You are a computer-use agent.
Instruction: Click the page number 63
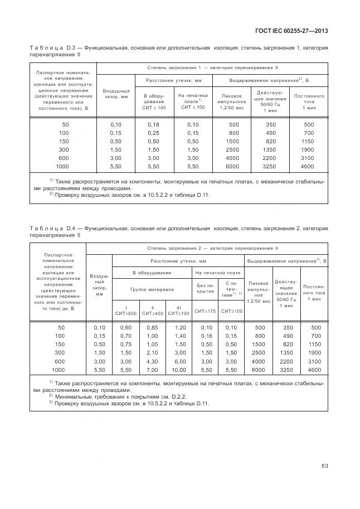pyautogui.click(x=324, y=466)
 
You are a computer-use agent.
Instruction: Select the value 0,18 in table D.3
pyautogui.click(x=154, y=124)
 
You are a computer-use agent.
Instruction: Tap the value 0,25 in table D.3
pyautogui.click(x=154, y=133)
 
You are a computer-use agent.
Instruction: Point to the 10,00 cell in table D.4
pyautogui.click(x=178, y=370)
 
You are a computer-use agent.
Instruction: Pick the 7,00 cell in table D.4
pyautogui.click(x=150, y=370)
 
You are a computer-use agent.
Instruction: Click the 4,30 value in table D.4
pyautogui.click(x=150, y=361)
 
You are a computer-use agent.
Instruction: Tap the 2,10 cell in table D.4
pyautogui.click(x=150, y=353)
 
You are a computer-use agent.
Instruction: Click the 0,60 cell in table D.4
pyautogui.click(x=126, y=327)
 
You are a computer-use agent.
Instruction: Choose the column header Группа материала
pyautogui.click(x=152, y=289)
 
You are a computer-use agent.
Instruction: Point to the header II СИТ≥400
pyautogui.click(x=152, y=310)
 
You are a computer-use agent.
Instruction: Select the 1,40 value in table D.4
pyautogui.click(x=178, y=336)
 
